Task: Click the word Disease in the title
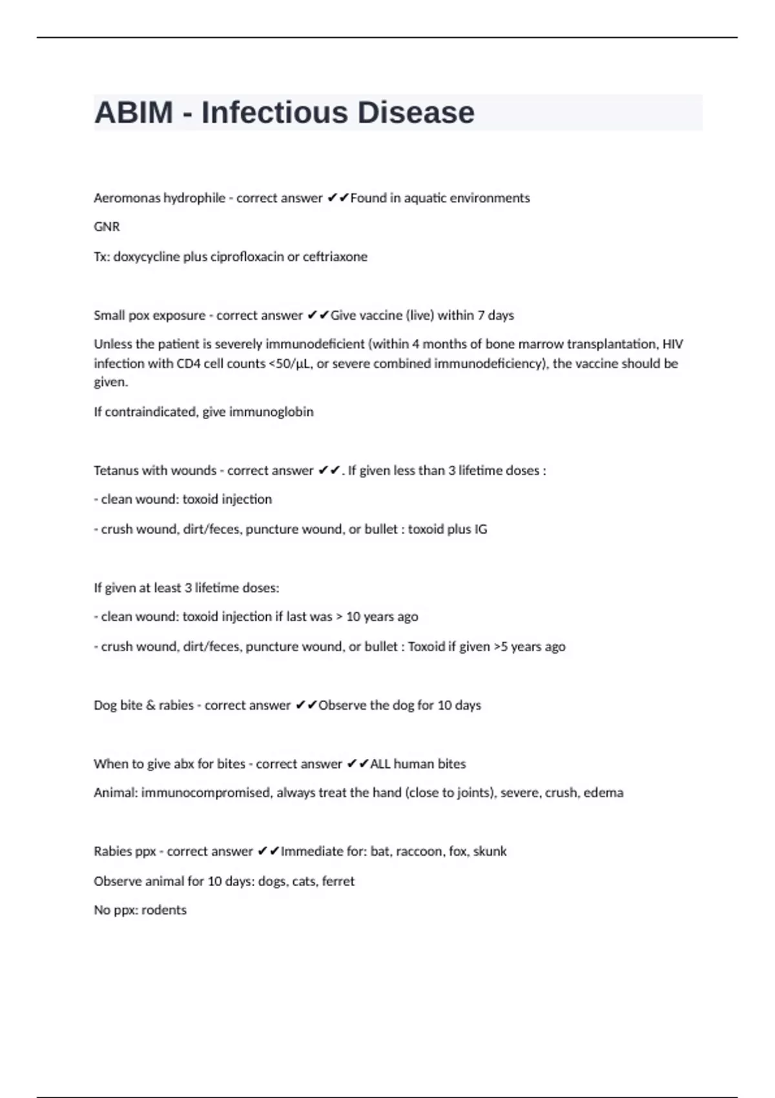point(415,112)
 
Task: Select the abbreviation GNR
point(107,227)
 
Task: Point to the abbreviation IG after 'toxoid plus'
point(480,529)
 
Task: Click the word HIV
point(673,344)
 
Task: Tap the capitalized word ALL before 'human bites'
point(380,763)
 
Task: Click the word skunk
point(490,851)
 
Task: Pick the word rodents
point(164,910)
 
